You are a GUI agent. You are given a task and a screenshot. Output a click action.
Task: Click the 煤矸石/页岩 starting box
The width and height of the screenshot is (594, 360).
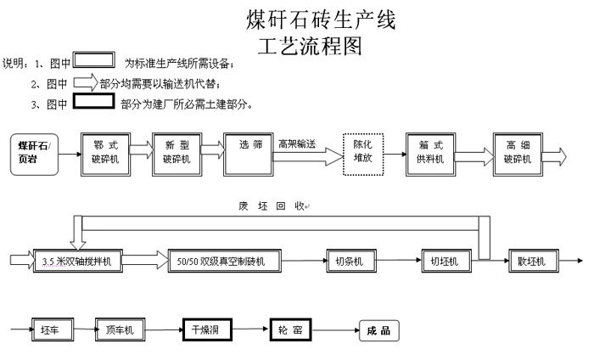(35, 153)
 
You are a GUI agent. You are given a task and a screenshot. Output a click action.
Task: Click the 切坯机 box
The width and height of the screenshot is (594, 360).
(444, 260)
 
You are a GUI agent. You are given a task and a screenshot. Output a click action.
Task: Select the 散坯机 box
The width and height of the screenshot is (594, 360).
(531, 260)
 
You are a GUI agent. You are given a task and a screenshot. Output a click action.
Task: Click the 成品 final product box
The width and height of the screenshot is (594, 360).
(378, 330)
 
